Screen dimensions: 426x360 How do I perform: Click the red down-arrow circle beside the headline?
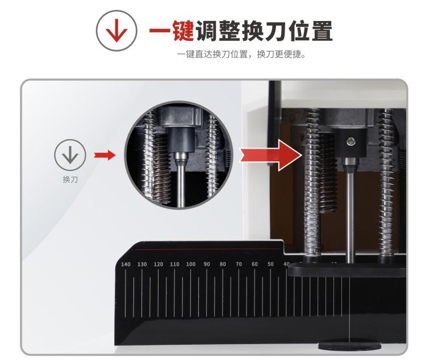[116, 31]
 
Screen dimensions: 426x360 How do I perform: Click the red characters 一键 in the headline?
[171, 31]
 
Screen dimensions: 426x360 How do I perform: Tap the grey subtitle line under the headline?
[241, 55]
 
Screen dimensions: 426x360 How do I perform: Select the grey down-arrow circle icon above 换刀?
[70, 155]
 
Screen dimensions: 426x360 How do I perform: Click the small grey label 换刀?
[70, 179]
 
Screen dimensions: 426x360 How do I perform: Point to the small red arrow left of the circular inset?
[105, 156]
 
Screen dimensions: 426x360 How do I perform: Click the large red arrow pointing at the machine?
[271, 155]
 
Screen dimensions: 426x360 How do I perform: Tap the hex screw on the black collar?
[350, 141]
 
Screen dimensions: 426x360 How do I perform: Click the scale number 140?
[126, 265]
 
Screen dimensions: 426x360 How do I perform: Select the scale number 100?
[191, 264]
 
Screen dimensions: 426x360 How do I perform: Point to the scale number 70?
[239, 264]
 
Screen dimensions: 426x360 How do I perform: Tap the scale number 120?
[158, 264]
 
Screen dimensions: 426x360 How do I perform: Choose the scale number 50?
[270, 264]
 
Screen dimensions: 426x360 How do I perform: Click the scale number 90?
[207, 264]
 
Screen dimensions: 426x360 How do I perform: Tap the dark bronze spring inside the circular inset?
[162, 169]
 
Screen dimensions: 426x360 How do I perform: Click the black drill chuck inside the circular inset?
[181, 139]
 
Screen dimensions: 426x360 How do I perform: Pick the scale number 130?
[142, 264]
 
